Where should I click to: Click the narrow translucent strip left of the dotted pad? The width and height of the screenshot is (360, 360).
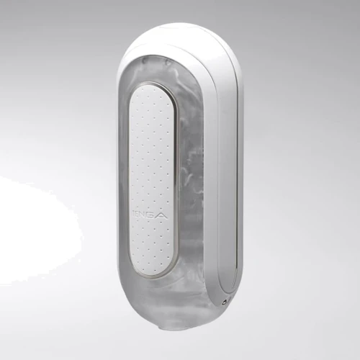click(x=123, y=180)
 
